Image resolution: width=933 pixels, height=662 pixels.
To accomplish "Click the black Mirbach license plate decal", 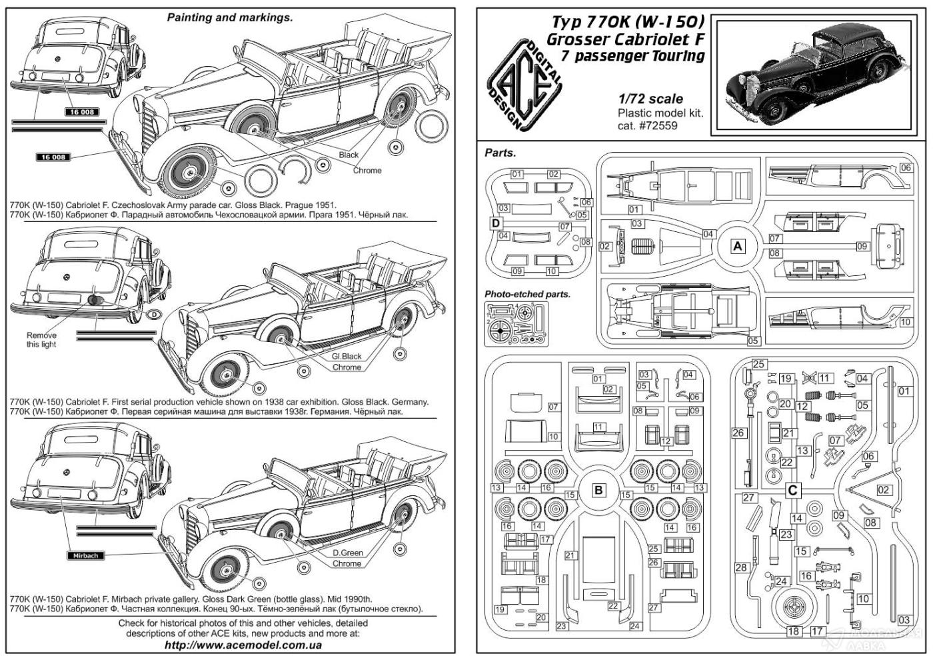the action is [x=85, y=555].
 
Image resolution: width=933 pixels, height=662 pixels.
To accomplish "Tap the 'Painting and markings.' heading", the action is [x=230, y=17].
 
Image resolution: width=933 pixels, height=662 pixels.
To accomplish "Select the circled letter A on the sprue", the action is [x=737, y=246].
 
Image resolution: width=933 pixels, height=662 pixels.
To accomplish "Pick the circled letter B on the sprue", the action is [x=598, y=491].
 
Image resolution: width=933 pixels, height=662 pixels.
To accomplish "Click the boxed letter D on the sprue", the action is [x=495, y=223].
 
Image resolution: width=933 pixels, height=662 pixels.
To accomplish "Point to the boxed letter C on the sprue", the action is [x=792, y=491].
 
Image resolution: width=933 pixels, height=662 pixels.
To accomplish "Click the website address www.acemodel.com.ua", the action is [x=243, y=645].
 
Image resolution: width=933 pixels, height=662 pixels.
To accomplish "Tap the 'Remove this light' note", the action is [x=41, y=339].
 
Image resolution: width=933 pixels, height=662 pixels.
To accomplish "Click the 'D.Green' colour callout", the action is [x=347, y=553].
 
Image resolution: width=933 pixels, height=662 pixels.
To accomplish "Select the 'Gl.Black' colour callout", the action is [x=347, y=356].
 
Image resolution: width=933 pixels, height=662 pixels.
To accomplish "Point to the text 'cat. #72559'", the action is [x=648, y=125].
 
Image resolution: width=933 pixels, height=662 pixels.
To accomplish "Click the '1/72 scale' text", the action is [x=651, y=99].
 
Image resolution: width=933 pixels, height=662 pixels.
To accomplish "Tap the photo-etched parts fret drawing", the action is [x=516, y=324].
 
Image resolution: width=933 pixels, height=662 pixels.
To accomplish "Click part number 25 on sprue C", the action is [x=758, y=364].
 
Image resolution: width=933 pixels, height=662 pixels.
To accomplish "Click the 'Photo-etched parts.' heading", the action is [x=527, y=294].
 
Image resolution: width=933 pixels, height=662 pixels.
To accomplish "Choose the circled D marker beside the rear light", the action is [x=154, y=315].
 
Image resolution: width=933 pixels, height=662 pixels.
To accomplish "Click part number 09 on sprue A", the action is [x=862, y=246].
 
